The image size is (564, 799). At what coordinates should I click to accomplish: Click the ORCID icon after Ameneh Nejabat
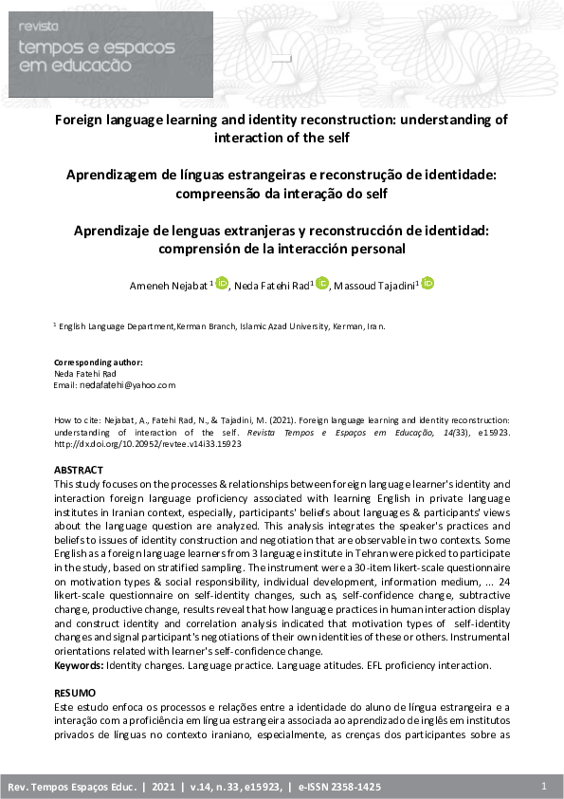pos(223,283)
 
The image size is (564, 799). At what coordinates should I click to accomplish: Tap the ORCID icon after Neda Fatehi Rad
pos(322,283)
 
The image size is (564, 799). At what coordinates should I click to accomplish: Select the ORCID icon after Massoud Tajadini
pos(428,283)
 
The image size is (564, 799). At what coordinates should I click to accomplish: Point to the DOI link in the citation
pos(147,443)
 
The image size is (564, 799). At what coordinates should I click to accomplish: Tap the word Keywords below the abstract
pos(79,666)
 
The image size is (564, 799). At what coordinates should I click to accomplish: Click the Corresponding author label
pos(99,362)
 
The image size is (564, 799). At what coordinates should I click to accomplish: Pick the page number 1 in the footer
pos(543,787)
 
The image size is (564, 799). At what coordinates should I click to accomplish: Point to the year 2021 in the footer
pos(165,788)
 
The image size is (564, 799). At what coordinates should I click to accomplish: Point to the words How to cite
pos(77,418)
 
